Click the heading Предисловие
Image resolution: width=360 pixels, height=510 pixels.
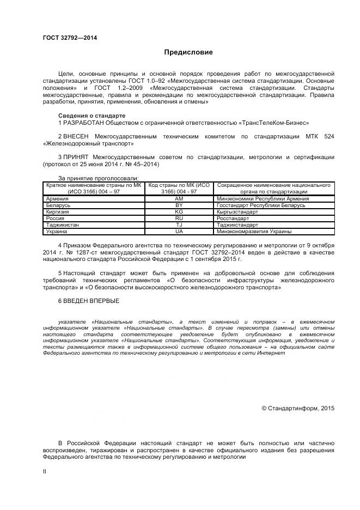[x=189, y=53]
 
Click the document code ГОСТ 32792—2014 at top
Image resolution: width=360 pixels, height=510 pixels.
[x=66, y=38]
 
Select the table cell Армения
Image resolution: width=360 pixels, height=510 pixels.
[x=58, y=199]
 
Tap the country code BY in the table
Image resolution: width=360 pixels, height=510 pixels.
[x=179, y=205]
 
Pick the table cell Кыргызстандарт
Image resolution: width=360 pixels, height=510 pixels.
[x=237, y=212]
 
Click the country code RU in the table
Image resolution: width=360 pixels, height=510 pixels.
[x=179, y=218]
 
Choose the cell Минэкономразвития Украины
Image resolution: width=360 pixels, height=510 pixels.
[x=254, y=232]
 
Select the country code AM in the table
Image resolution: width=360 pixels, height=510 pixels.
[x=179, y=199]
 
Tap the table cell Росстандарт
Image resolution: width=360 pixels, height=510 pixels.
[x=233, y=218]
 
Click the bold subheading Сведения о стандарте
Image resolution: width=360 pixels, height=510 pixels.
[x=91, y=116]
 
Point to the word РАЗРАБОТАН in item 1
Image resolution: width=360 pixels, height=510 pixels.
[x=83, y=123]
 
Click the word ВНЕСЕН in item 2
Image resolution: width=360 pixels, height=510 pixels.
[x=76, y=136]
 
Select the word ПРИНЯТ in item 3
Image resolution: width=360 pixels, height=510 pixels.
[x=77, y=157]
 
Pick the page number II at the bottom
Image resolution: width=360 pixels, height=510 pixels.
[x=45, y=471]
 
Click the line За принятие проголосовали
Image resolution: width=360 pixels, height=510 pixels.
[x=98, y=178]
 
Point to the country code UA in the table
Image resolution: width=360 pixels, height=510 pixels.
[x=179, y=232]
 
